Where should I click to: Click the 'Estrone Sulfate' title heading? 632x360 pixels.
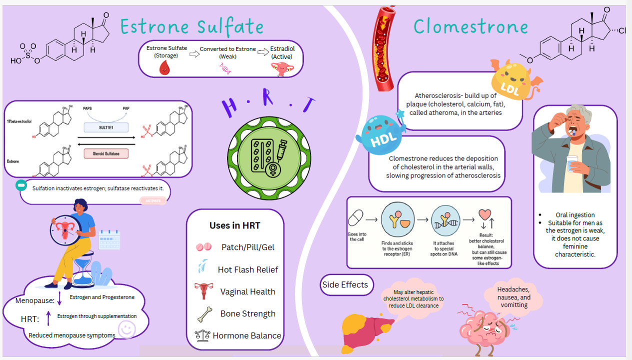192,26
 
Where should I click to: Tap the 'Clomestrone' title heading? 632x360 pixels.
470,26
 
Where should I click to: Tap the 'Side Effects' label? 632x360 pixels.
345,285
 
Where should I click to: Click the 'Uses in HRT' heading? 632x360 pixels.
234,225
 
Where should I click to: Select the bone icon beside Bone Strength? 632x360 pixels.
204,314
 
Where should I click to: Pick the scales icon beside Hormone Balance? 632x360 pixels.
202,335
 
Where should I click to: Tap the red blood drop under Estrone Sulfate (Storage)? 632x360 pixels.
164,69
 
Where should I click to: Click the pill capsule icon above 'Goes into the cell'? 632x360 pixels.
355,218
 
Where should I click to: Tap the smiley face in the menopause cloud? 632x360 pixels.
126,329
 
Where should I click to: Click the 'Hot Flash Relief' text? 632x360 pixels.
247,269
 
